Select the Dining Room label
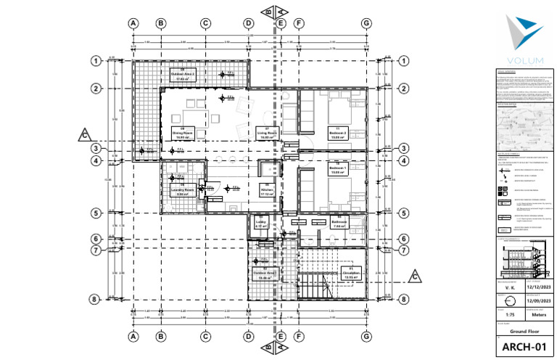181,132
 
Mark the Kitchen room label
266,192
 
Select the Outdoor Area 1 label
261,274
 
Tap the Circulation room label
350,274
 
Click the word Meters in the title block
538,315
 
